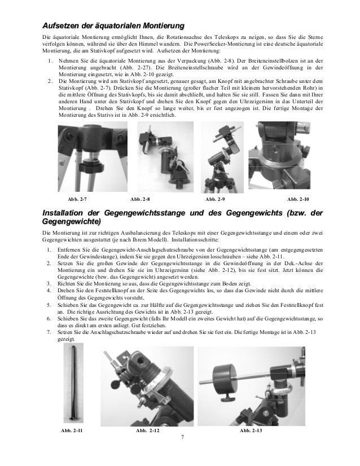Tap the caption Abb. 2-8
[x=140, y=199]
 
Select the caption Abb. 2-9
[x=215, y=199]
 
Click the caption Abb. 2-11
[x=71, y=430]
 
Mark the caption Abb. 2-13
[x=251, y=430]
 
